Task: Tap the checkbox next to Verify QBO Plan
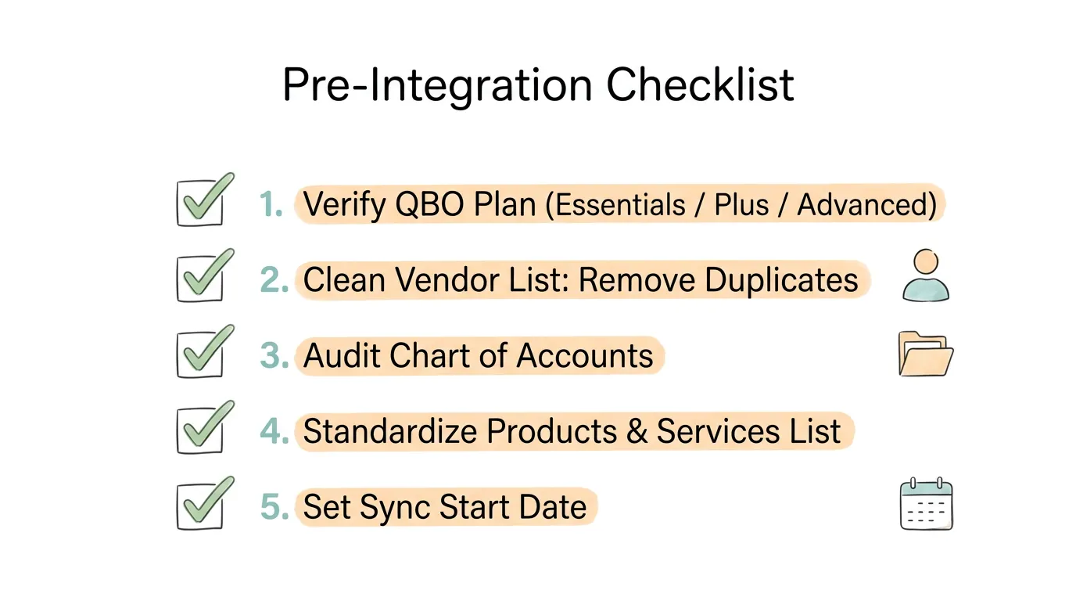coord(200,203)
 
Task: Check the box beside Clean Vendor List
coord(200,279)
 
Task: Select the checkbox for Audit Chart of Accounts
coord(200,354)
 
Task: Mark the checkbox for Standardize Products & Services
coord(200,430)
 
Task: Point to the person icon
coord(926,276)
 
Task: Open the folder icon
coord(926,354)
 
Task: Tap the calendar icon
coord(926,505)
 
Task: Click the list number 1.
coord(271,205)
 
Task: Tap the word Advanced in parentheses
coord(866,205)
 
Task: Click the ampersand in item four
coord(637,432)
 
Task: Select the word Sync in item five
coord(395,508)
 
